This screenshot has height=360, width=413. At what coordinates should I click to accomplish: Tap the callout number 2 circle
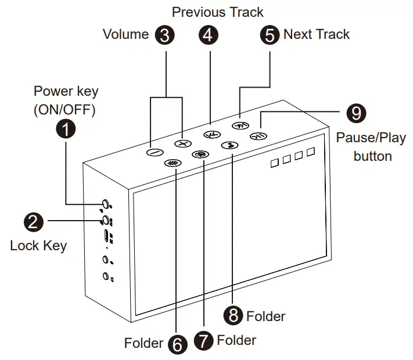coord(33,221)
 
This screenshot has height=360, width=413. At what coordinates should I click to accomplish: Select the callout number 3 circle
coord(165,35)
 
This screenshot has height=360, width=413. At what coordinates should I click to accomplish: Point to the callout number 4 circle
coord(209,35)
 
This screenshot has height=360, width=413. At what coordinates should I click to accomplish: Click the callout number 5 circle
coord(270,35)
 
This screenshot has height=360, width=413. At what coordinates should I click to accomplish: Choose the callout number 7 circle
coord(203,340)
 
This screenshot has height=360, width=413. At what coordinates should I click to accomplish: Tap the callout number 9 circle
coord(356,113)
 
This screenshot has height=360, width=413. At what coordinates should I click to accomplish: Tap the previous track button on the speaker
coord(211,135)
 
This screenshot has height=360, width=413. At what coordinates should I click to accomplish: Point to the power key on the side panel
coord(106,204)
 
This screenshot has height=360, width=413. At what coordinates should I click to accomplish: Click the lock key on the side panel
coord(106,220)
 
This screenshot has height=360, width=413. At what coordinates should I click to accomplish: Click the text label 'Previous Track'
coord(218,12)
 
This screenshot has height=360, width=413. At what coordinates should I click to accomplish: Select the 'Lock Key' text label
coord(38,246)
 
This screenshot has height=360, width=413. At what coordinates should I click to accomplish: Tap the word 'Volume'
coord(126,34)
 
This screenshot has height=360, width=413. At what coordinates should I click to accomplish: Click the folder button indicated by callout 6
coord(171,163)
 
